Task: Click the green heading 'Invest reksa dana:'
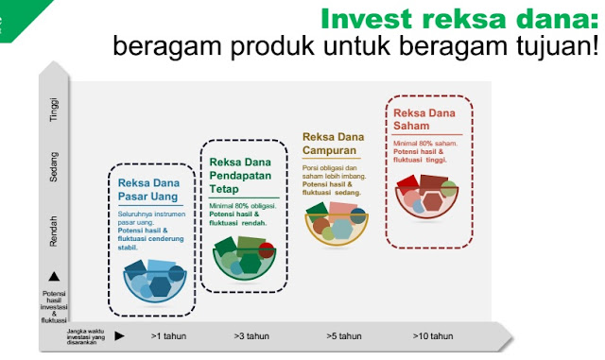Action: (461, 18)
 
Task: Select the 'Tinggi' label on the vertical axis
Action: (54, 111)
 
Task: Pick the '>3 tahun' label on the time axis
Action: (251, 335)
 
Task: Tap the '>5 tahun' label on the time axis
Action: (343, 335)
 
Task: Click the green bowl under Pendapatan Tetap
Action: (242, 258)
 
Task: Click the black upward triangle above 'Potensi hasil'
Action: (54, 276)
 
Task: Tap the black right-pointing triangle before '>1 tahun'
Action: (119, 335)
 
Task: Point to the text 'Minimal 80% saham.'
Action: (425, 143)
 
